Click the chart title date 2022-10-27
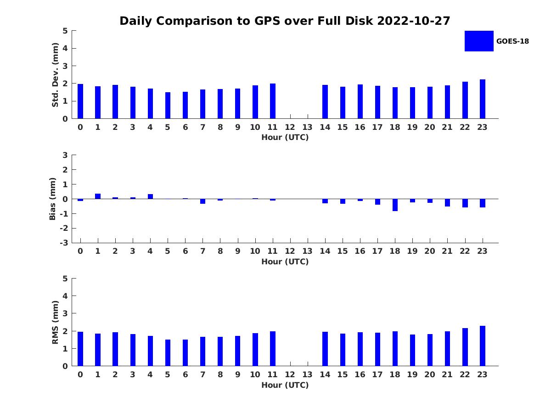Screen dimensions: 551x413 [x=413, y=21]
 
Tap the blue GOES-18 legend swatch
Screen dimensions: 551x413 [x=478, y=41]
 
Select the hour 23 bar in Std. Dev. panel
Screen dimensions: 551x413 [x=482, y=99]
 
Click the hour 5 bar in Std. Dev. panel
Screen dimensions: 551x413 [x=168, y=106]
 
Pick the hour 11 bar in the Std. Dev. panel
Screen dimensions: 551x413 [x=272, y=101]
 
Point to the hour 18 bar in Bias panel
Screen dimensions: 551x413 [x=395, y=205]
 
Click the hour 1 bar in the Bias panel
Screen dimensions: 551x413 [x=98, y=196]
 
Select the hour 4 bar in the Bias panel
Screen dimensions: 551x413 [x=150, y=196]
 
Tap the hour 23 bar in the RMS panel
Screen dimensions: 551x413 [x=482, y=346]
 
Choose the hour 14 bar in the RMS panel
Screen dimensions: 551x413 [x=325, y=349]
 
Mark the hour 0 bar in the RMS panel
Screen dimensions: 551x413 [x=80, y=349]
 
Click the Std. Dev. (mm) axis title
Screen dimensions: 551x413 [x=55, y=75]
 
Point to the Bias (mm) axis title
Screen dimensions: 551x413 [x=52, y=199]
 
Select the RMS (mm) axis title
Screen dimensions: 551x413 [x=55, y=323]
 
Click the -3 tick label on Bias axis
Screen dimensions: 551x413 [x=64, y=243]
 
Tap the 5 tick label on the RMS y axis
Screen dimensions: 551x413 [x=65, y=279]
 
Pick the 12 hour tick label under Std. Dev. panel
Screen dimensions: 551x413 [x=290, y=128]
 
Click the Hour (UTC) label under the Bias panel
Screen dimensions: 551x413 [x=285, y=262]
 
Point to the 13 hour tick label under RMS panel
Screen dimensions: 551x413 [x=307, y=374]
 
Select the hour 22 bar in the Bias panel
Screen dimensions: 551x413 [x=465, y=203]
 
